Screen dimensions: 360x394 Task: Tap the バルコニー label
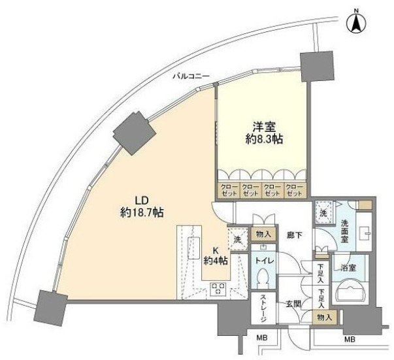pos(191,76)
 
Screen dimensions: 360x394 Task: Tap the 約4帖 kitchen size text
pos(215,261)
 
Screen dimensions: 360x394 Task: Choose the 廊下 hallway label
pos(293,235)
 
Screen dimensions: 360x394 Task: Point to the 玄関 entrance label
pos(291,303)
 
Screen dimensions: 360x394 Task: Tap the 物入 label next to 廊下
pos(264,234)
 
